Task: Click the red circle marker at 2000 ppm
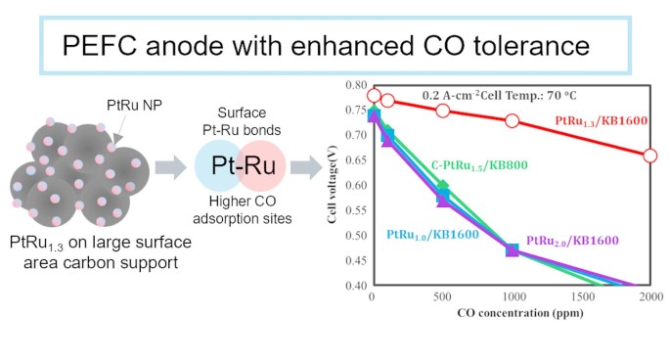[650, 156]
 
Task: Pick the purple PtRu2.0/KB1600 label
[572, 240]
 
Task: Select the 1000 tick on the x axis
[512, 297]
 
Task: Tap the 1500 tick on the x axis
[582, 297]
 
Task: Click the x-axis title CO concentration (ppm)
[512, 312]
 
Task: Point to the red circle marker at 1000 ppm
[512, 121]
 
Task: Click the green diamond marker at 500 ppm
[442, 186]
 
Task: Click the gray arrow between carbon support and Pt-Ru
[168, 170]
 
